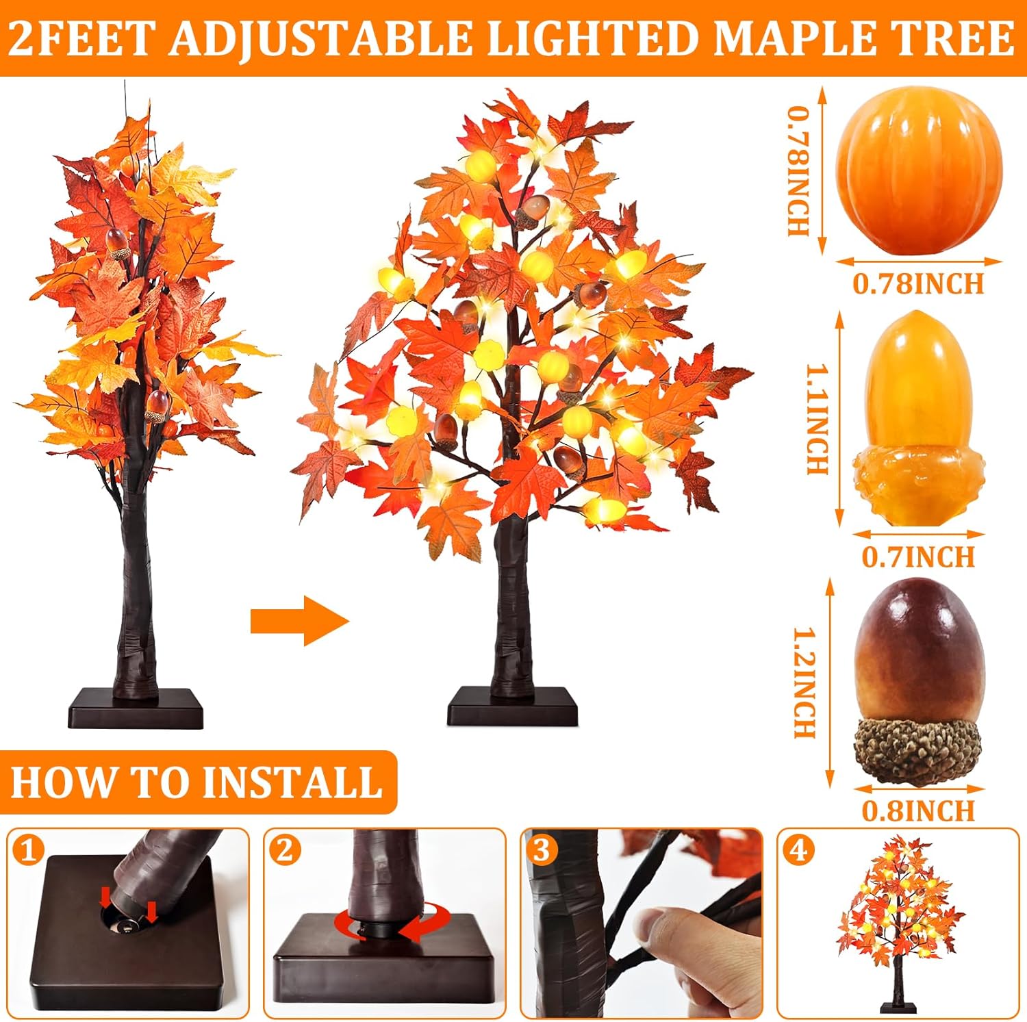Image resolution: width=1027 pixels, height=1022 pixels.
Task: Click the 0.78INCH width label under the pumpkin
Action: tap(918, 283)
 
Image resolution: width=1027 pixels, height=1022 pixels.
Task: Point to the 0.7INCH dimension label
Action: tap(918, 557)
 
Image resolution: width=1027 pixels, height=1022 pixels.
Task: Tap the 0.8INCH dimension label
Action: tap(918, 810)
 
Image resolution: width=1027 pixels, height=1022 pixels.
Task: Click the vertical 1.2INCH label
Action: tap(805, 682)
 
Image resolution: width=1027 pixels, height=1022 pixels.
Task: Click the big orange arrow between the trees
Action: tap(300, 621)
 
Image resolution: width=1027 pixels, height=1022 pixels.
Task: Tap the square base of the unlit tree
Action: tap(136, 708)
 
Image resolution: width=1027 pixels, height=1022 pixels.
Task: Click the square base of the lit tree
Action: tap(512, 706)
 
